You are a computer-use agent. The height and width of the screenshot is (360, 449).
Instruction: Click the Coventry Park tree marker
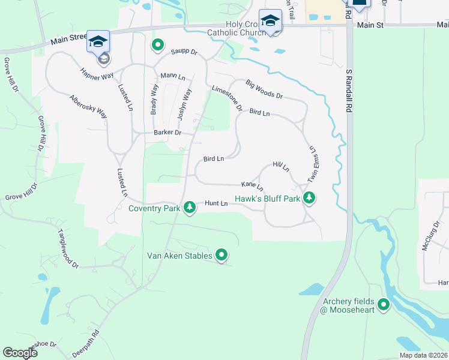tap(190, 208)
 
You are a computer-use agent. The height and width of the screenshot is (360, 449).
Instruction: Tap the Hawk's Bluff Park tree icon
tap(309, 197)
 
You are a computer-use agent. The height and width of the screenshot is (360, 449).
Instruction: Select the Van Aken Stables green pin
tap(221, 256)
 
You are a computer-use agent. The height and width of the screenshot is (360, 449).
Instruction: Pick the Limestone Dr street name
tap(227, 98)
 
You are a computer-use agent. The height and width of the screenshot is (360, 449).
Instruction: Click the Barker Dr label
tap(167, 133)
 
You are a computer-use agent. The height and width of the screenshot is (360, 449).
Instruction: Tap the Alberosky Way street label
tap(88, 106)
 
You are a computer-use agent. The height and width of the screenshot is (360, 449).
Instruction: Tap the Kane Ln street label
tap(252, 185)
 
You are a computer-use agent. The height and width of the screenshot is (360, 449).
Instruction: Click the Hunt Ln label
tap(216, 204)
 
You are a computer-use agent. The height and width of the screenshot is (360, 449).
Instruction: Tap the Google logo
tap(20, 353)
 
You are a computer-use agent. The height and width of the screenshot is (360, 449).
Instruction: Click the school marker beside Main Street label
tap(98, 41)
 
